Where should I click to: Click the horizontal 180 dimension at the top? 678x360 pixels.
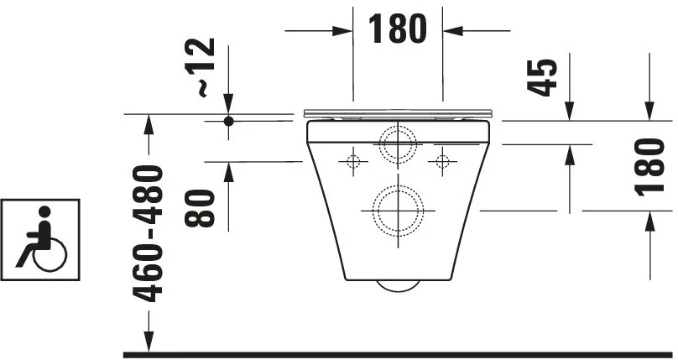coord(397,29)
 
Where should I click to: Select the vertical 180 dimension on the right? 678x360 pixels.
coord(649,167)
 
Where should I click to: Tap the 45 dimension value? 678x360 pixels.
coord(542,77)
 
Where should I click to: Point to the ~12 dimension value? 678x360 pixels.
coord(200,67)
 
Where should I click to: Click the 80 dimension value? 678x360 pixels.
coord(200,208)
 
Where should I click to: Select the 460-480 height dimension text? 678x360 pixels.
coord(148,234)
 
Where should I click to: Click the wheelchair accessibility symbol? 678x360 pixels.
coord(40,240)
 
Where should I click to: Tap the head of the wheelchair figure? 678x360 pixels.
coord(44,211)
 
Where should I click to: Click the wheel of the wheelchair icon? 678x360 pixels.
coord(50,255)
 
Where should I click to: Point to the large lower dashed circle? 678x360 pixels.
coord(398,185)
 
